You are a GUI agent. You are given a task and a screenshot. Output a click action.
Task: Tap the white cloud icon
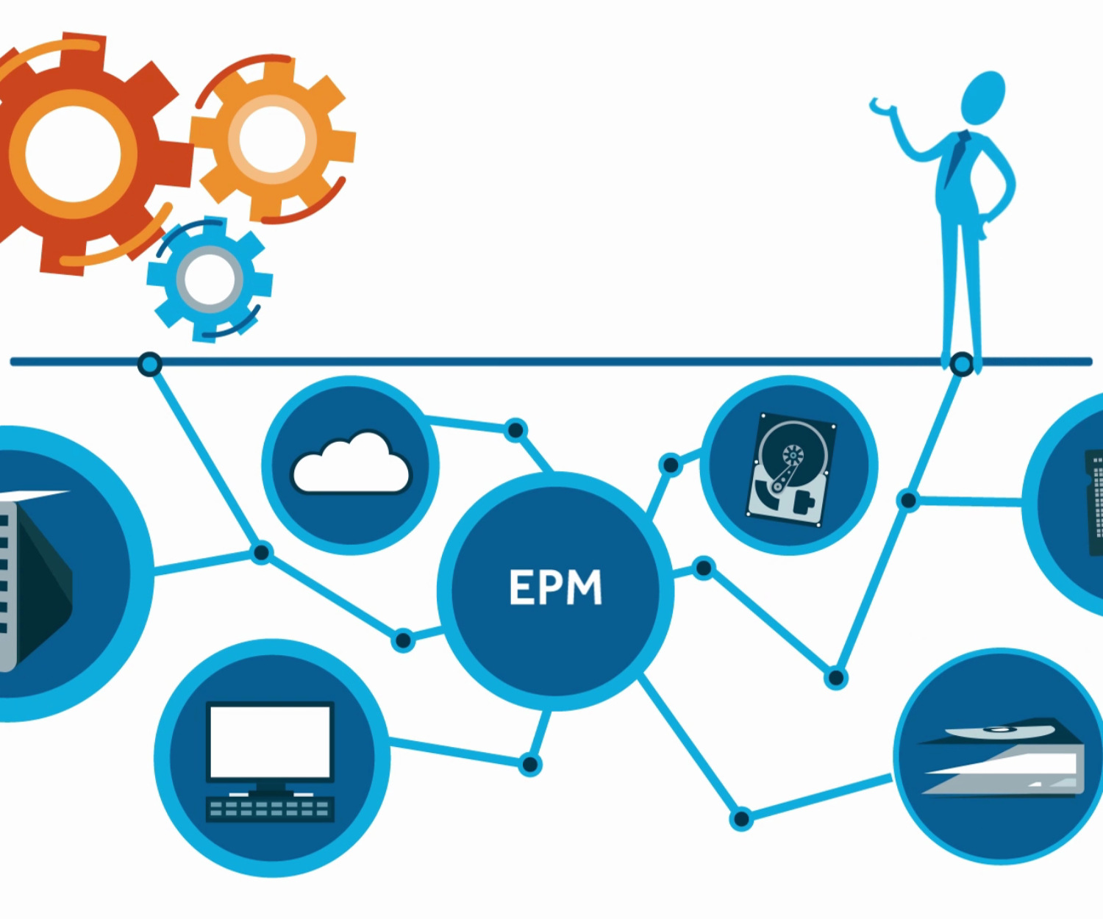click(351, 466)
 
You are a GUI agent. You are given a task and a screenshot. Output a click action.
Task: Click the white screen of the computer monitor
click(270, 741)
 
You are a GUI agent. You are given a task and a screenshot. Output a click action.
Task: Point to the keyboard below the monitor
click(270, 809)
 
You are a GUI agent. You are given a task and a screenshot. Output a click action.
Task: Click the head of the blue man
click(983, 97)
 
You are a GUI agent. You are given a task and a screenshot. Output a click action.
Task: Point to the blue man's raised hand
click(880, 107)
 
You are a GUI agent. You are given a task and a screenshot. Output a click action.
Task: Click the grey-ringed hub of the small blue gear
click(210, 279)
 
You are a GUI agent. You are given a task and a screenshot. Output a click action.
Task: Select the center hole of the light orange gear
click(271, 139)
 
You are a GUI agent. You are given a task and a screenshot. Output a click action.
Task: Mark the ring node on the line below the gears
click(150, 364)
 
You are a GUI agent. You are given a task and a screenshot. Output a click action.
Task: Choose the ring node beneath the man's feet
click(961, 364)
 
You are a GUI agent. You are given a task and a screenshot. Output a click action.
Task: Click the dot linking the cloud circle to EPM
click(516, 430)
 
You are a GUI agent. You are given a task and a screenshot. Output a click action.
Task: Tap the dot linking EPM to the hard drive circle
click(671, 465)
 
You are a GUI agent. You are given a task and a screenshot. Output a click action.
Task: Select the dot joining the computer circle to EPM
click(529, 765)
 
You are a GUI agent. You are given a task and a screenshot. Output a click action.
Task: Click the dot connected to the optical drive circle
click(741, 818)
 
